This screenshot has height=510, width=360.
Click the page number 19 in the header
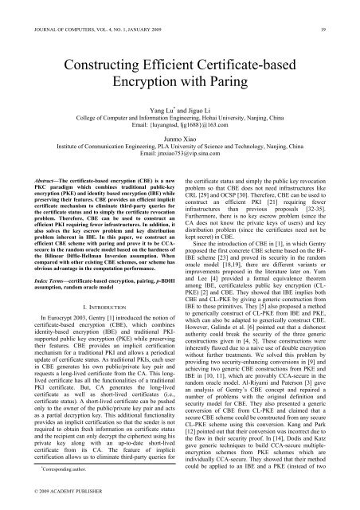[335, 10]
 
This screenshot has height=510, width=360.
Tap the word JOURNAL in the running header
[37, 10]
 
